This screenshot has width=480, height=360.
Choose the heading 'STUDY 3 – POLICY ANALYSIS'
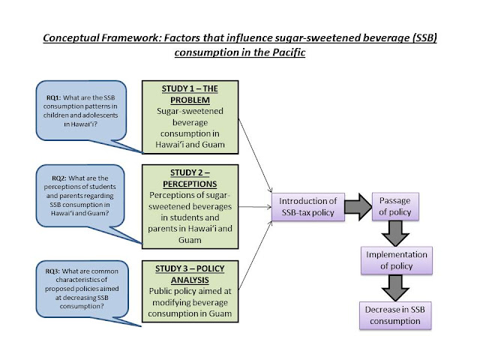[198, 273]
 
